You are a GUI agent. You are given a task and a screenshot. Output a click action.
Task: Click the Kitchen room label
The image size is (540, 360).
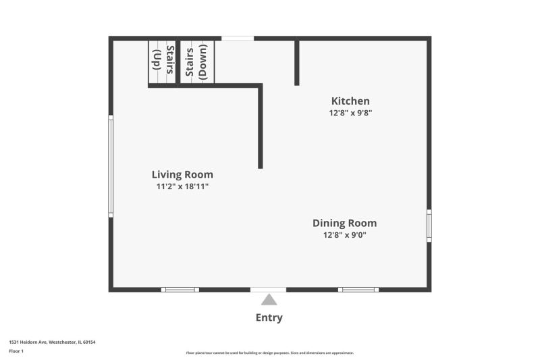click(350, 101)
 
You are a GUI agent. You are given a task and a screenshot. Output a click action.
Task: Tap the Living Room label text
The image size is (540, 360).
click(182, 175)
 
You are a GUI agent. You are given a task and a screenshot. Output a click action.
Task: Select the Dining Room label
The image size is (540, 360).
click(345, 224)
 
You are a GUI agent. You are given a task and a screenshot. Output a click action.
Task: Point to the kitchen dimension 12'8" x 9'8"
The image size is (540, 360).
click(350, 113)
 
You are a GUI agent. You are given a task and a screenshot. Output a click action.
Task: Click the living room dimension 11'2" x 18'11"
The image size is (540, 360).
click(182, 186)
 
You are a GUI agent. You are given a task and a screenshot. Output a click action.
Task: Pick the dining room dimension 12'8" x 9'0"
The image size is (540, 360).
click(345, 235)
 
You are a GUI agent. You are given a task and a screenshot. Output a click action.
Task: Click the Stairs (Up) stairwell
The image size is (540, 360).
click(162, 62)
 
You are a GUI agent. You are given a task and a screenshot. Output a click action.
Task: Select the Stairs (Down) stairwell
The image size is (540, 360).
click(197, 62)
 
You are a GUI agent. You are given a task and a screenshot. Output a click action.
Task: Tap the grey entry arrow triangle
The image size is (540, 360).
click(269, 299)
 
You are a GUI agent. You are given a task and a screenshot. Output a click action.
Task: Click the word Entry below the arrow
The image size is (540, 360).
click(269, 317)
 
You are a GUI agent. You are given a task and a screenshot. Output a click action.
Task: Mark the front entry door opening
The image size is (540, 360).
click(268, 290)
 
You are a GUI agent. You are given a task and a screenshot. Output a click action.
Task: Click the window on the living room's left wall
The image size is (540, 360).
click(111, 166)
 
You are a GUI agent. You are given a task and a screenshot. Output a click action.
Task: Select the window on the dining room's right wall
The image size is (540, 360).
click(429, 226)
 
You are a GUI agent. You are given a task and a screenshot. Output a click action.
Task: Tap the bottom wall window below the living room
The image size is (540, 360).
click(180, 290)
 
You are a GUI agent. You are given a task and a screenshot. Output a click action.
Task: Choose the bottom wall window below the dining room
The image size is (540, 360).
click(358, 290)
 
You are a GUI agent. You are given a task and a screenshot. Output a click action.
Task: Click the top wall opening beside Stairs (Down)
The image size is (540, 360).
click(238, 38)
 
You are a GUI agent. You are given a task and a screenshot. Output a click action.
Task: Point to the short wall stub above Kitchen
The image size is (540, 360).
click(297, 63)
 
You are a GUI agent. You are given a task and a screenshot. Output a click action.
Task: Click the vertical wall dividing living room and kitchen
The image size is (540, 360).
click(261, 126)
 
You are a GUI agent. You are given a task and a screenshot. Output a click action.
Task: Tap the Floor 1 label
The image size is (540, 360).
click(16, 351)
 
